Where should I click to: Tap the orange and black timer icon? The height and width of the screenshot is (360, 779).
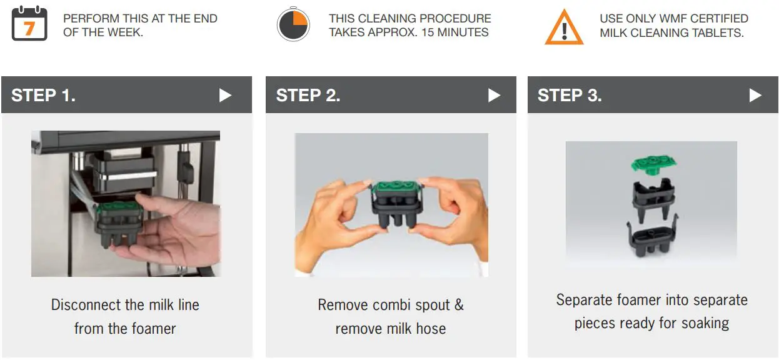tap(293, 25)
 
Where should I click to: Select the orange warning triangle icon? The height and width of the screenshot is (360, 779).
tap(563, 27)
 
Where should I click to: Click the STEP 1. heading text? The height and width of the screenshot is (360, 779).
tap(43, 95)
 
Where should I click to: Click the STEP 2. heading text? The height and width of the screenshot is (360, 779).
tap(308, 95)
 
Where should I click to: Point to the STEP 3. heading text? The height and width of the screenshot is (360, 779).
tap(570, 95)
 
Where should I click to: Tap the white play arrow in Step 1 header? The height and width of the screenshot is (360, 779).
tap(225, 95)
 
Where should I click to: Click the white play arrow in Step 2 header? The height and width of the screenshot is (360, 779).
tap(494, 95)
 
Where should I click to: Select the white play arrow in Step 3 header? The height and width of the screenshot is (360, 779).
tap(755, 95)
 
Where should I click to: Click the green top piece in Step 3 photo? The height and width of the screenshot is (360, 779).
tap(653, 164)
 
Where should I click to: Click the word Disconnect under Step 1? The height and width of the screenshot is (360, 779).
tap(86, 305)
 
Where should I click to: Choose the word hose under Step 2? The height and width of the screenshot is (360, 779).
tap(431, 329)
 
